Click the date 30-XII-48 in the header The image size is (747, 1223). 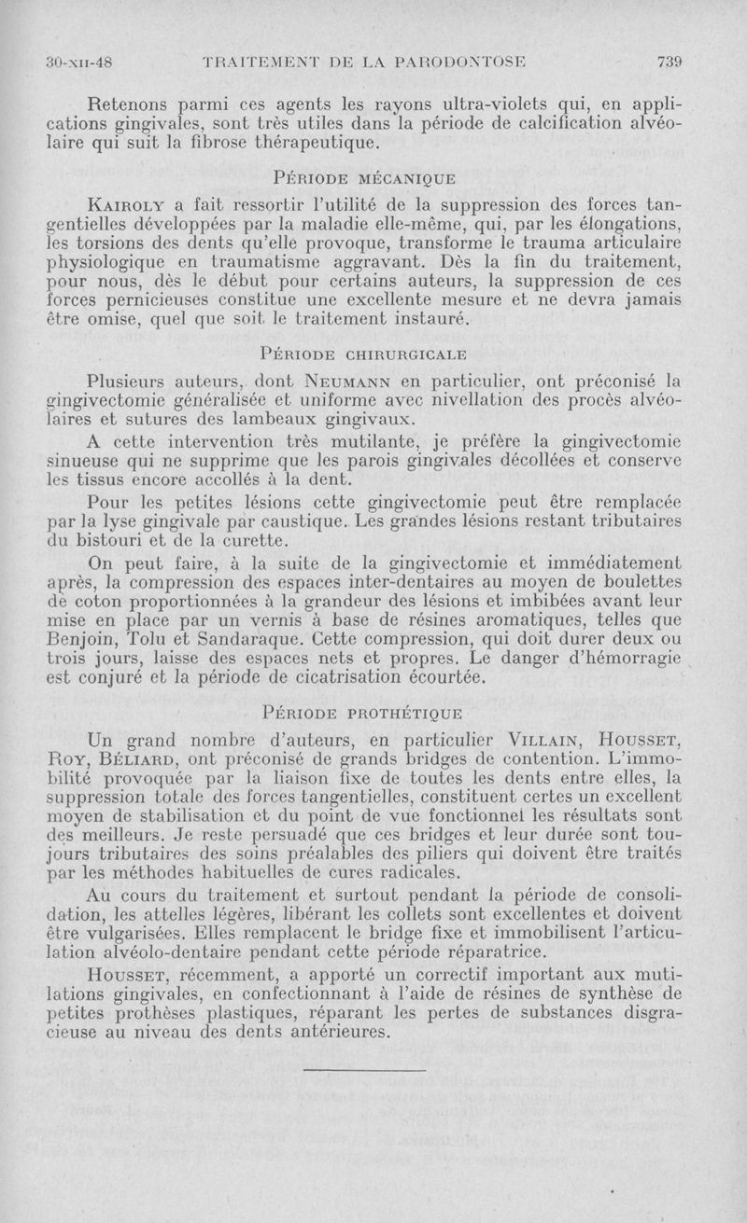tap(79, 63)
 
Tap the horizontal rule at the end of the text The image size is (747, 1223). tap(365, 1070)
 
